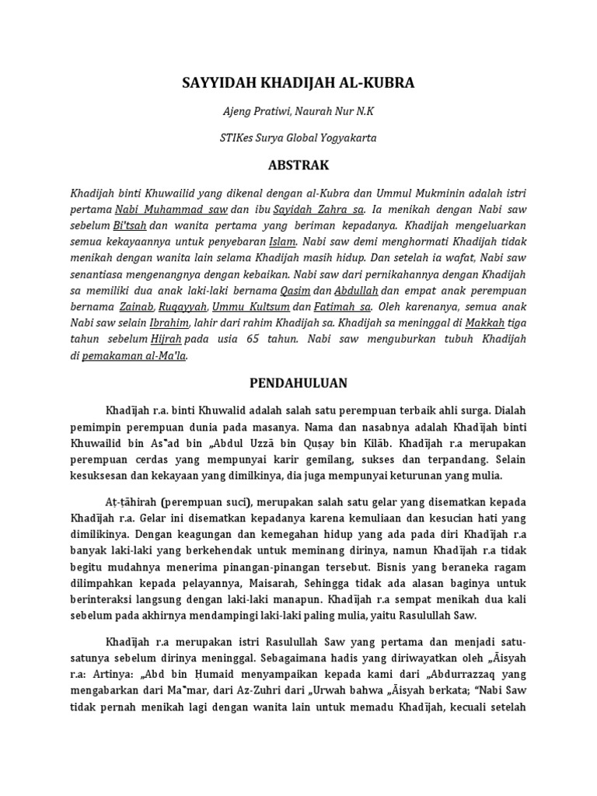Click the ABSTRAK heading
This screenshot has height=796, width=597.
click(298, 166)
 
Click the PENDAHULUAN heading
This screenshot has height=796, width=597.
click(298, 383)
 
